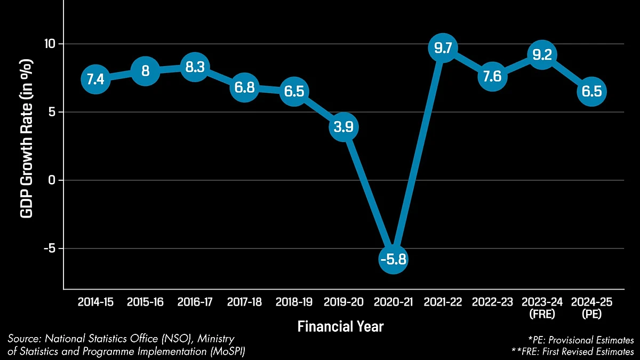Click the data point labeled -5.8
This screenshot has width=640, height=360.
click(394, 259)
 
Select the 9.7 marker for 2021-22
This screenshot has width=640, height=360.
click(443, 48)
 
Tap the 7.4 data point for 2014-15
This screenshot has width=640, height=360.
click(95, 79)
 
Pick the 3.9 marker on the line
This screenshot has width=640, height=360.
click(343, 127)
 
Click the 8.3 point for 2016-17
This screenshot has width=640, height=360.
click(194, 67)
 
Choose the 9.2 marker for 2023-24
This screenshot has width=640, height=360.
click(542, 54)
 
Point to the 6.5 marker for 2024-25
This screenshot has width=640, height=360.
click(591, 91)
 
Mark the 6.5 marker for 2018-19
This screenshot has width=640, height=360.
click(294, 91)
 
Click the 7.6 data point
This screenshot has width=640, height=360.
click(492, 76)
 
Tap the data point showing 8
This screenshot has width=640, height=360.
click(145, 71)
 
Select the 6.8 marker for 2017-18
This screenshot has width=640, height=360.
click(244, 87)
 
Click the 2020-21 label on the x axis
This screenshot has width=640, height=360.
click(393, 302)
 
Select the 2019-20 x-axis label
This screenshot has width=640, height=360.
click(343, 302)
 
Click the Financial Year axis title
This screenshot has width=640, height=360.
click(340, 326)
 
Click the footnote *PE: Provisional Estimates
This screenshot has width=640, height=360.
click(580, 340)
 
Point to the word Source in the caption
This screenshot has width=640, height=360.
click(24, 339)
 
